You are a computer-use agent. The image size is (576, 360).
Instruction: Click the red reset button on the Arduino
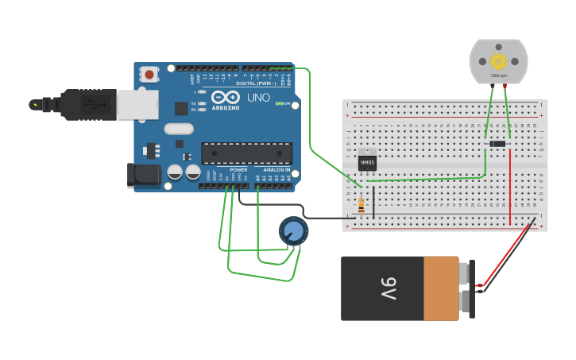point(149,75)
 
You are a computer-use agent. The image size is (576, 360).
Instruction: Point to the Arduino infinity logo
point(226,97)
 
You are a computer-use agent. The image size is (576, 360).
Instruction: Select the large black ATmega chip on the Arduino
point(246,153)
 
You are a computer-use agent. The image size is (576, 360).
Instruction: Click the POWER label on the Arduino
point(238,169)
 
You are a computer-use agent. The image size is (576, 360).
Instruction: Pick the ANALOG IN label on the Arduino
point(272,169)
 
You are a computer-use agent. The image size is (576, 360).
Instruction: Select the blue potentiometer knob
point(293,231)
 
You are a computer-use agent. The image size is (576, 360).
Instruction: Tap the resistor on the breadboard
point(362,206)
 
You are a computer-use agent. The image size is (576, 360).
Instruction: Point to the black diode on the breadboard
point(497,143)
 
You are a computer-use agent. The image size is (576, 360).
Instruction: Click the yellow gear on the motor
point(498,61)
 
